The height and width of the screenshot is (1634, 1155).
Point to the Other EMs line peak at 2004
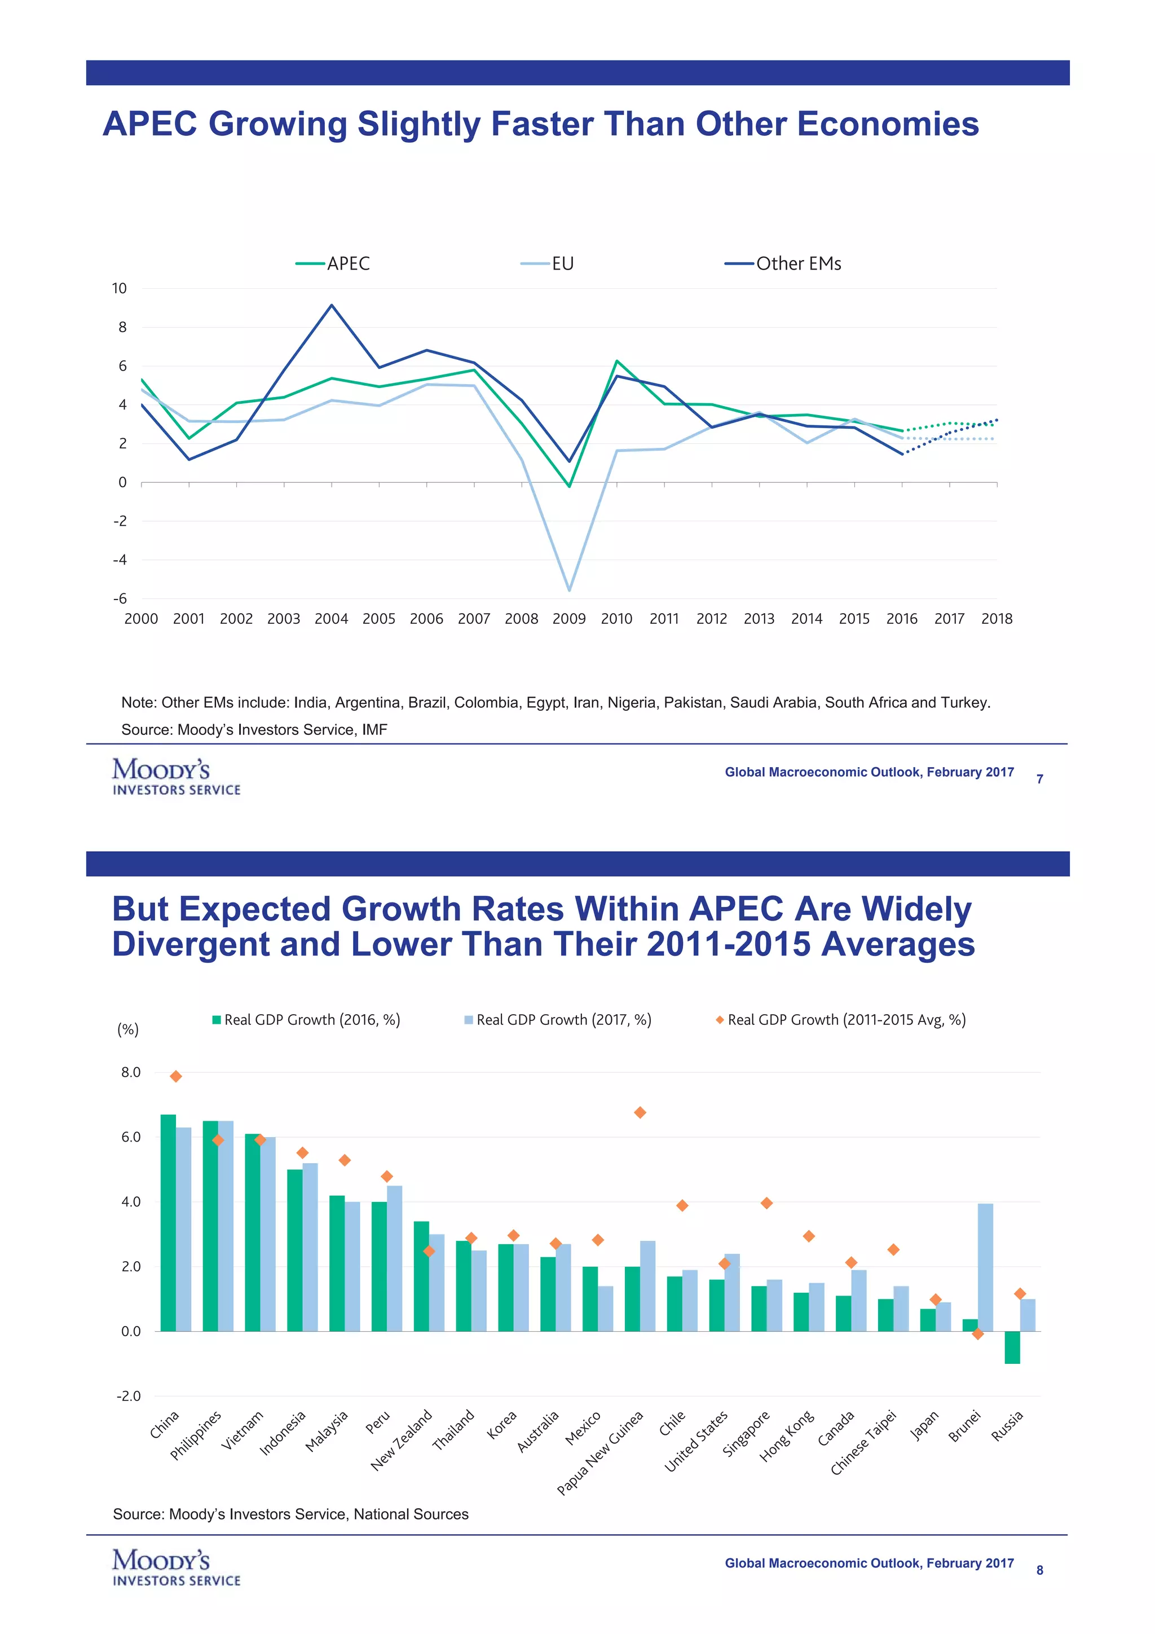pyautogui.click(x=332, y=305)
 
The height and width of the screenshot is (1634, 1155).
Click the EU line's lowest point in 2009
pyautogui.click(x=569, y=590)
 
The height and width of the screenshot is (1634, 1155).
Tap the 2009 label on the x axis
pyautogui.click(x=569, y=618)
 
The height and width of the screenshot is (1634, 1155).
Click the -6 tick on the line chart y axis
pyautogui.click(x=120, y=598)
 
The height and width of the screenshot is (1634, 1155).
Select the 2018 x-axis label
pyautogui.click(x=997, y=618)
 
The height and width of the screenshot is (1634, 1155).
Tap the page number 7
pyautogui.click(x=1040, y=779)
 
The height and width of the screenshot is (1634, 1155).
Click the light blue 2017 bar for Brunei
pyautogui.click(x=985, y=1267)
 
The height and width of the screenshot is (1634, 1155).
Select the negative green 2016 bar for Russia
pyautogui.click(x=1012, y=1347)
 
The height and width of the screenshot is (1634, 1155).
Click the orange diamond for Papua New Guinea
pyautogui.click(x=640, y=1112)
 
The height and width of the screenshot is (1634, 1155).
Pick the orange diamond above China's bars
pyautogui.click(x=176, y=1076)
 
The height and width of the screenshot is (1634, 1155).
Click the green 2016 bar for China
pyautogui.click(x=168, y=1223)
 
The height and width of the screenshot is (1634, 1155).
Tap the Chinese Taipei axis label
pyautogui.click(x=864, y=1442)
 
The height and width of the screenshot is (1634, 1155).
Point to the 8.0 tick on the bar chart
pyautogui.click(x=130, y=1072)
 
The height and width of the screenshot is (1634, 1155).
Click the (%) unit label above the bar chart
pyautogui.click(x=128, y=1029)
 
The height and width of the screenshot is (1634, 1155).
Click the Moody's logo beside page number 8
pyautogui.click(x=176, y=1569)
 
